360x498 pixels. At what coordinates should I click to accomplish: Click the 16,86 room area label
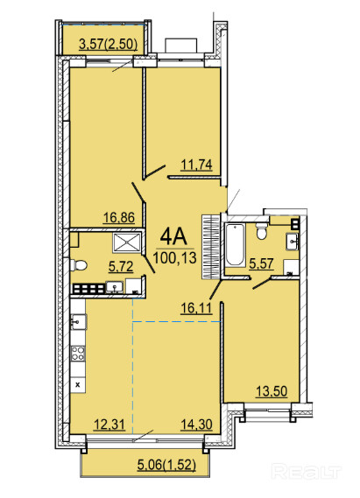tap(119, 218)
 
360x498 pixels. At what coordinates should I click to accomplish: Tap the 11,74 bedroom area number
tap(196, 165)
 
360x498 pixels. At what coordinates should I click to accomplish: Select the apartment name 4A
tap(173, 236)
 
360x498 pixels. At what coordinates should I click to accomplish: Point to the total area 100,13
tap(175, 257)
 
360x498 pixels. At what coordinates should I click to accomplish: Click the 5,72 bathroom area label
tap(121, 267)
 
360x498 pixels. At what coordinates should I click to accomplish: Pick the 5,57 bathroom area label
tap(261, 264)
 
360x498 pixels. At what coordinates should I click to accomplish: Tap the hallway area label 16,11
tap(196, 308)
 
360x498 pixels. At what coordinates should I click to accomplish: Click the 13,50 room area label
tap(272, 391)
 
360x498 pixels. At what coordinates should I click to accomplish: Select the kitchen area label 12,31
tap(109, 424)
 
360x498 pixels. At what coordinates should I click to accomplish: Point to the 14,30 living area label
tap(196, 424)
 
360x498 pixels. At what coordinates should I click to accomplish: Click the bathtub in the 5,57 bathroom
tap(235, 245)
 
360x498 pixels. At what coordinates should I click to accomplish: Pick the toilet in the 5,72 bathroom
tap(79, 265)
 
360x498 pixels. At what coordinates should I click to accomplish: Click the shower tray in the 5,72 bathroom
tap(127, 243)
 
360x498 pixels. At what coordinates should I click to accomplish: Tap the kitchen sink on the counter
tap(79, 322)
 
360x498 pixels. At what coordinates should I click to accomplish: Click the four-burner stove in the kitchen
tap(78, 354)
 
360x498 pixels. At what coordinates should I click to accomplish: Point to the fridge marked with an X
tap(78, 385)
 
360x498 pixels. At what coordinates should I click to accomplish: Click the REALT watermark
tap(307, 472)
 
